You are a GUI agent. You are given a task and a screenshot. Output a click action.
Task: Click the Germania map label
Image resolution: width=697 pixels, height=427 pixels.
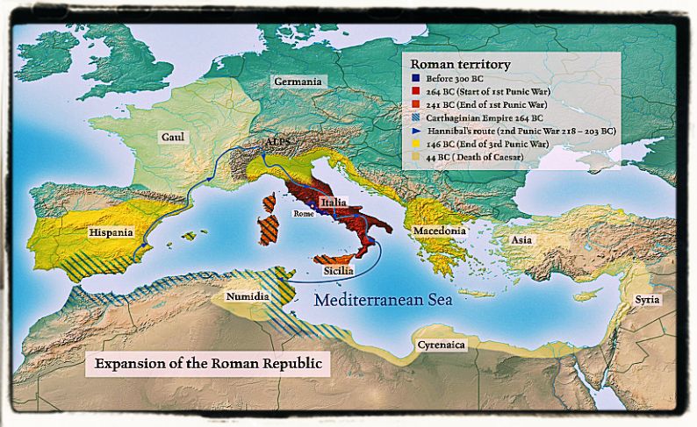[x=298, y=81]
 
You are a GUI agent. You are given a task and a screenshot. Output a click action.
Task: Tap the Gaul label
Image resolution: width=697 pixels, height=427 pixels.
[x=172, y=137]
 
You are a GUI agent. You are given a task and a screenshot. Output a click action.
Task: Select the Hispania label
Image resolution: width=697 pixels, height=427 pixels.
[x=111, y=232]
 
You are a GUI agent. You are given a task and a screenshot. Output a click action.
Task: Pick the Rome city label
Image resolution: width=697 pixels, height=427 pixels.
[x=304, y=213]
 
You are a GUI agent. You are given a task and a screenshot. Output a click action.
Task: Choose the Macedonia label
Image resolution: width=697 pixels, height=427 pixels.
[x=435, y=231]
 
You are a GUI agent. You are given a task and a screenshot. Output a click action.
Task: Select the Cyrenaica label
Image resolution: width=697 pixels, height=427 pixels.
[x=442, y=345]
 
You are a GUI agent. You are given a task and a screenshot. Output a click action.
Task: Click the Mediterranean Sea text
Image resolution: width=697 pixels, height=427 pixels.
[x=383, y=300]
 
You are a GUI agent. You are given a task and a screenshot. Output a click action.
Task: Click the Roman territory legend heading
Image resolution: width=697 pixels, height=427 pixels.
[x=460, y=65]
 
